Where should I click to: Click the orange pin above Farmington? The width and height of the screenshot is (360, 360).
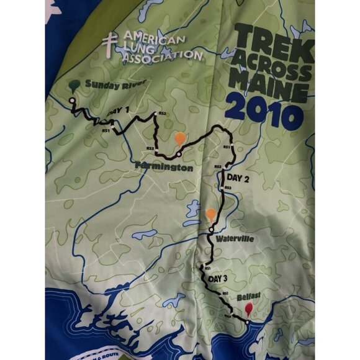tap(179, 139)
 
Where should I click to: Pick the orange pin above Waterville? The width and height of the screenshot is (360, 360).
tap(211, 215)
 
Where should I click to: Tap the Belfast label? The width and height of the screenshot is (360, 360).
tap(250, 297)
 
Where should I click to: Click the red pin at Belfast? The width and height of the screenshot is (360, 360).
tap(249, 308)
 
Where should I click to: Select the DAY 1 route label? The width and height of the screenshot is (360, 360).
tap(119, 110)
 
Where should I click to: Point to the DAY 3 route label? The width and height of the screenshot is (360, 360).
tap(219, 279)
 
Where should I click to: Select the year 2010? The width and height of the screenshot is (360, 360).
tap(263, 109)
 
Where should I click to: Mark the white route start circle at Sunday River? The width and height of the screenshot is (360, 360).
tap(72, 100)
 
